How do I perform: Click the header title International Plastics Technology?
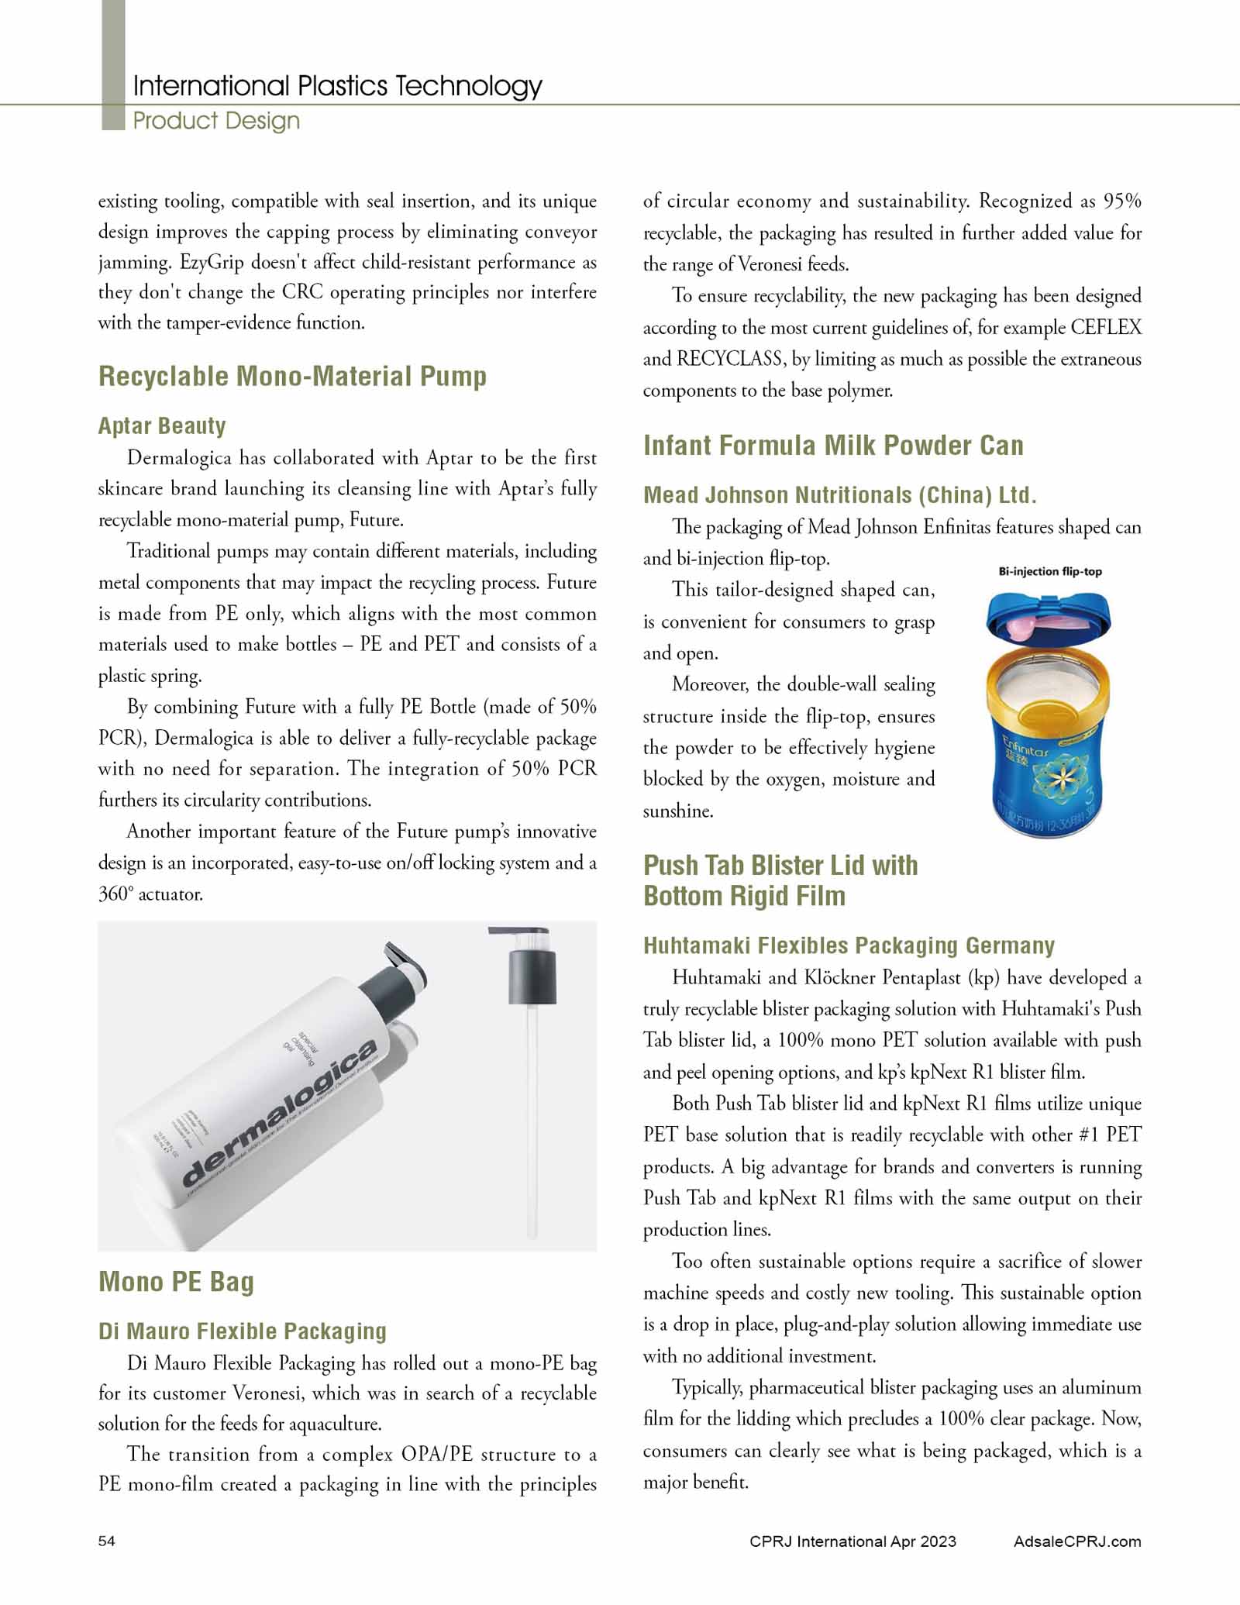pyautogui.click(x=337, y=85)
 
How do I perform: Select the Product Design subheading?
pyautogui.click(x=216, y=121)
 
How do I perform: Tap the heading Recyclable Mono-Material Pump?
pyautogui.click(x=292, y=377)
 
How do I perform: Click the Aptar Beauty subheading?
pyautogui.click(x=162, y=425)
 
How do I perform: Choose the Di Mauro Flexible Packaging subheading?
pyautogui.click(x=242, y=1331)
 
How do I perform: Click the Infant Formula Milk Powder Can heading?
pyautogui.click(x=833, y=446)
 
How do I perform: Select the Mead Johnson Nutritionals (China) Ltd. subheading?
pyautogui.click(x=839, y=495)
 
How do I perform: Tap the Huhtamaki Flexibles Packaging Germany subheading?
pyautogui.click(x=849, y=945)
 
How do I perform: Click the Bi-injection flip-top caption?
pyautogui.click(x=1050, y=572)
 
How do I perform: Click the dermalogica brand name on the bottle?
pyautogui.click(x=279, y=1116)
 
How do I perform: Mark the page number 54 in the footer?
pyautogui.click(x=107, y=1541)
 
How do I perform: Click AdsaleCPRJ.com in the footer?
pyautogui.click(x=1076, y=1541)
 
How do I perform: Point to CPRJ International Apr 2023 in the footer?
pyautogui.click(x=852, y=1541)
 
